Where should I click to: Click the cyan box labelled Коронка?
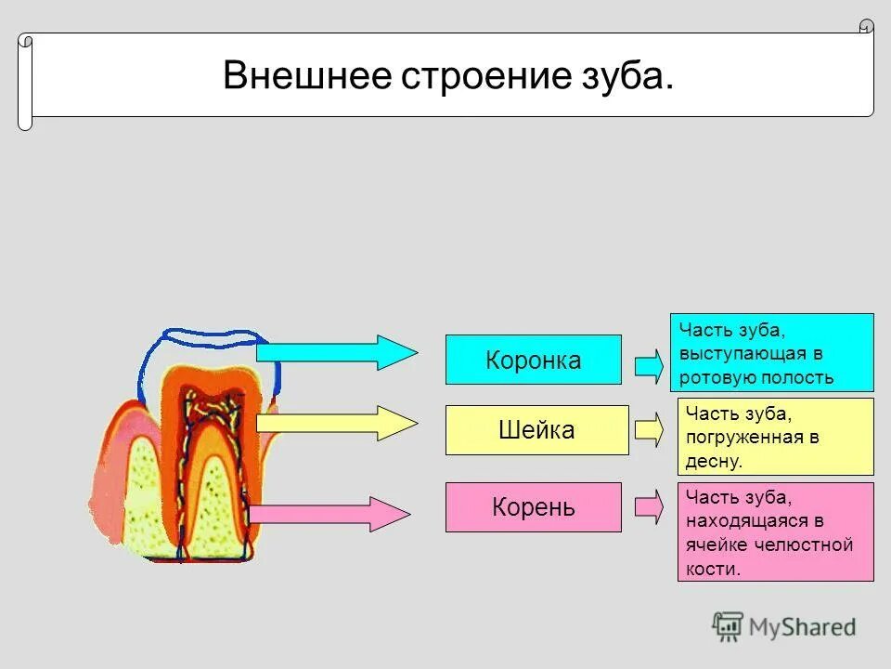pyautogui.click(x=533, y=360)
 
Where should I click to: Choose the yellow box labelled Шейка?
pyautogui.click(x=536, y=430)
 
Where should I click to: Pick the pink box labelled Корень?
pyautogui.click(x=533, y=507)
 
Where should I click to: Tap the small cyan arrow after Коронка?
pyautogui.click(x=649, y=364)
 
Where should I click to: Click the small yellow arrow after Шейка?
pyautogui.click(x=649, y=429)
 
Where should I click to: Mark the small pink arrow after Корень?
pyautogui.click(x=649, y=506)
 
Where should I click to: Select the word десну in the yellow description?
pyautogui.click(x=715, y=461)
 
